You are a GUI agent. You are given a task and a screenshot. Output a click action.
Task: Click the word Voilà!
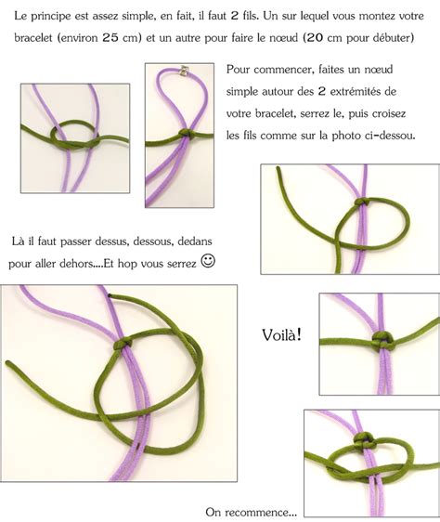[282, 334]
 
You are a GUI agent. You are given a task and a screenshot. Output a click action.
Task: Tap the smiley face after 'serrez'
[208, 261]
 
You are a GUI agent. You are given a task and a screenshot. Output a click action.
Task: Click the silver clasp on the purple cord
[185, 71]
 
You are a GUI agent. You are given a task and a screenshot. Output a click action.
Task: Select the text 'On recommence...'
[251, 512]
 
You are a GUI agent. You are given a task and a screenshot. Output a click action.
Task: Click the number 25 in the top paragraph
[110, 38]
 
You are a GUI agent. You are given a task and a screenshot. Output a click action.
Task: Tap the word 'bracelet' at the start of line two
[33, 38]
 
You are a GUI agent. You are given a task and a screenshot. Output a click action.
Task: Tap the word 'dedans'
[195, 241]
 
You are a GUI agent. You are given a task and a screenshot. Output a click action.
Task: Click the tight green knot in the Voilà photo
[382, 340]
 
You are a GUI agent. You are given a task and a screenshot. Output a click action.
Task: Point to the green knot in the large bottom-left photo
[123, 344]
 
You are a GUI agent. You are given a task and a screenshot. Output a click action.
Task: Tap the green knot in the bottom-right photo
[364, 439]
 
